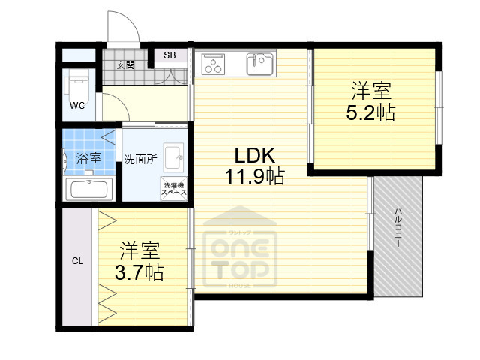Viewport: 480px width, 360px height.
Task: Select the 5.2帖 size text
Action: click(370, 112)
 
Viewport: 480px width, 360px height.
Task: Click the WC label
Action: click(77, 106)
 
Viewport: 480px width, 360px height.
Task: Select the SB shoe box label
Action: click(170, 55)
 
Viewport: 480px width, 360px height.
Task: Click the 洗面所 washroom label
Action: click(139, 159)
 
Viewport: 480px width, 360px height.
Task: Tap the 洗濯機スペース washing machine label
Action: click(172, 189)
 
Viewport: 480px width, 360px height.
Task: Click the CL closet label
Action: click(77, 261)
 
